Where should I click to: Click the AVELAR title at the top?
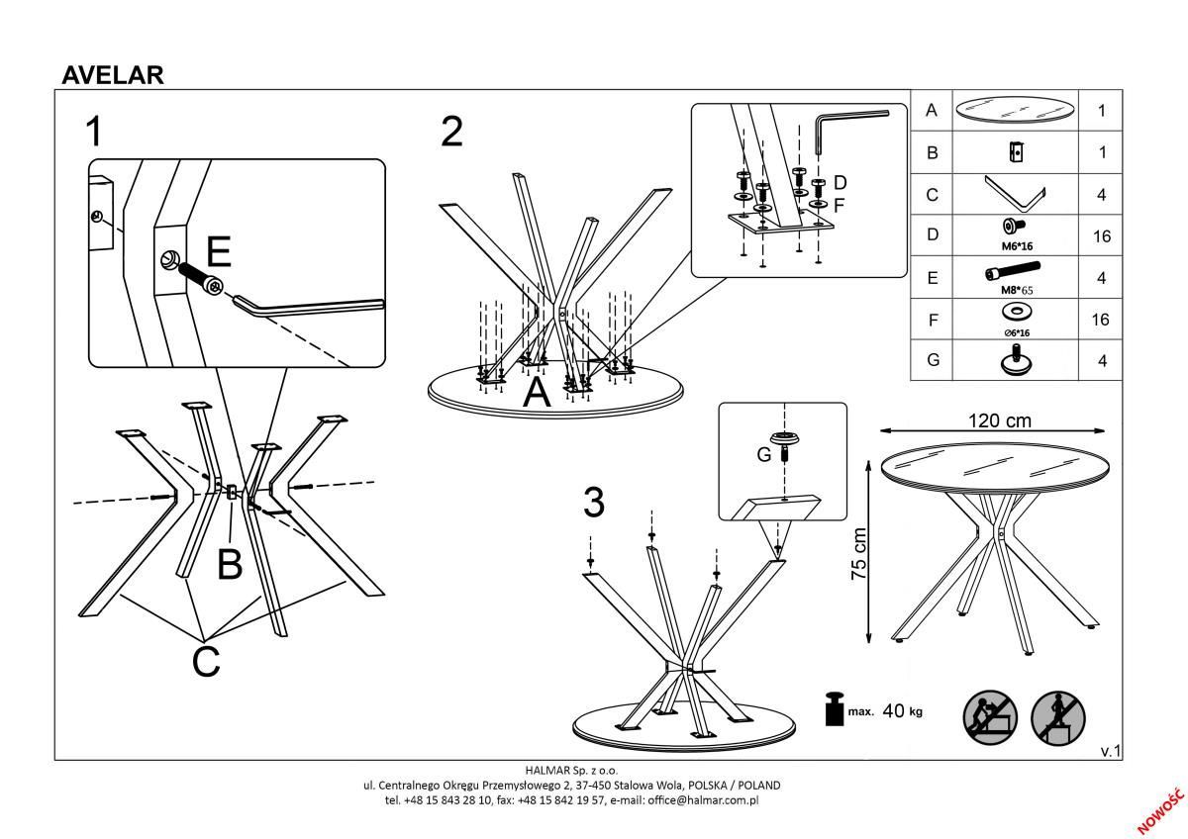[x=113, y=74]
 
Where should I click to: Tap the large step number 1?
[x=93, y=132]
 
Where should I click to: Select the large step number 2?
[x=451, y=132]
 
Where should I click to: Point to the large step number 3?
[x=593, y=504]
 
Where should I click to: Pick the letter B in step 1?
[x=229, y=564]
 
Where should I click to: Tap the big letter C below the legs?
[x=205, y=661]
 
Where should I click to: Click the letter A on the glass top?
[x=536, y=394]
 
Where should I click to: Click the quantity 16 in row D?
[x=1101, y=236]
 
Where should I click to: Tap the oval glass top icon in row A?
[x=1014, y=111]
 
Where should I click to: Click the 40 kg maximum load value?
[x=901, y=710]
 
